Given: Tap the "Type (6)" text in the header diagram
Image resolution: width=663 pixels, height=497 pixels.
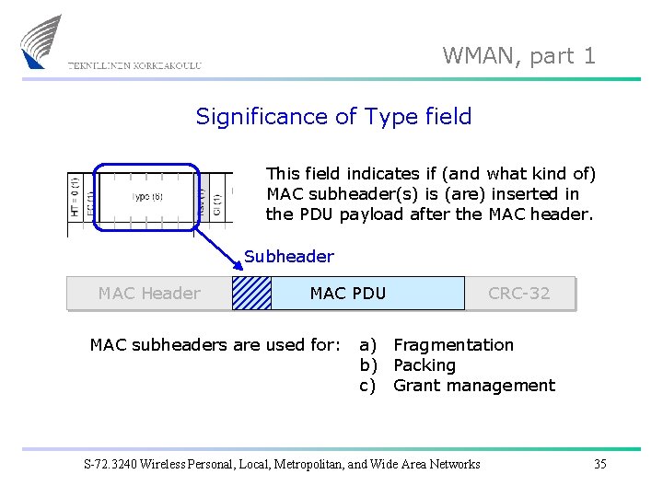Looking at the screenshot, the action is point(147,197).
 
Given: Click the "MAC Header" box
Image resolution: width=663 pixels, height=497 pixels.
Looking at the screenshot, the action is point(149,294).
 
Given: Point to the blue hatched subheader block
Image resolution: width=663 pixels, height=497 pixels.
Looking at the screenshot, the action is point(251,294).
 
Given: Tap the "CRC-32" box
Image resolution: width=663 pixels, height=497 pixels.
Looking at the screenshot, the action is point(519,294).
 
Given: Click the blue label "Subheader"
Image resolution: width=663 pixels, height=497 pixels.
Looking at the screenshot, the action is point(289,257).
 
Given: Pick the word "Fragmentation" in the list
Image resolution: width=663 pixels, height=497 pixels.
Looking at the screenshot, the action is point(453,345).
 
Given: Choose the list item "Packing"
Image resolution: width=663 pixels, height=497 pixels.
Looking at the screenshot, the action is point(425,365).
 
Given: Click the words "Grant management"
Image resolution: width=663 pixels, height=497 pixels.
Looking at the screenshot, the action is point(474,386).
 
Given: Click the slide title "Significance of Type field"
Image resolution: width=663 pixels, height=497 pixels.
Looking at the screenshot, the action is point(333,117).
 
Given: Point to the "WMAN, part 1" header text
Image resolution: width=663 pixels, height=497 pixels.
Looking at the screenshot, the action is point(519,56).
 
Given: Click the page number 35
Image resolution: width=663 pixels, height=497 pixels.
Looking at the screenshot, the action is point(599,464).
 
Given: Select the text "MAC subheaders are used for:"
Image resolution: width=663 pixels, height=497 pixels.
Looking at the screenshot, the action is point(215,345).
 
